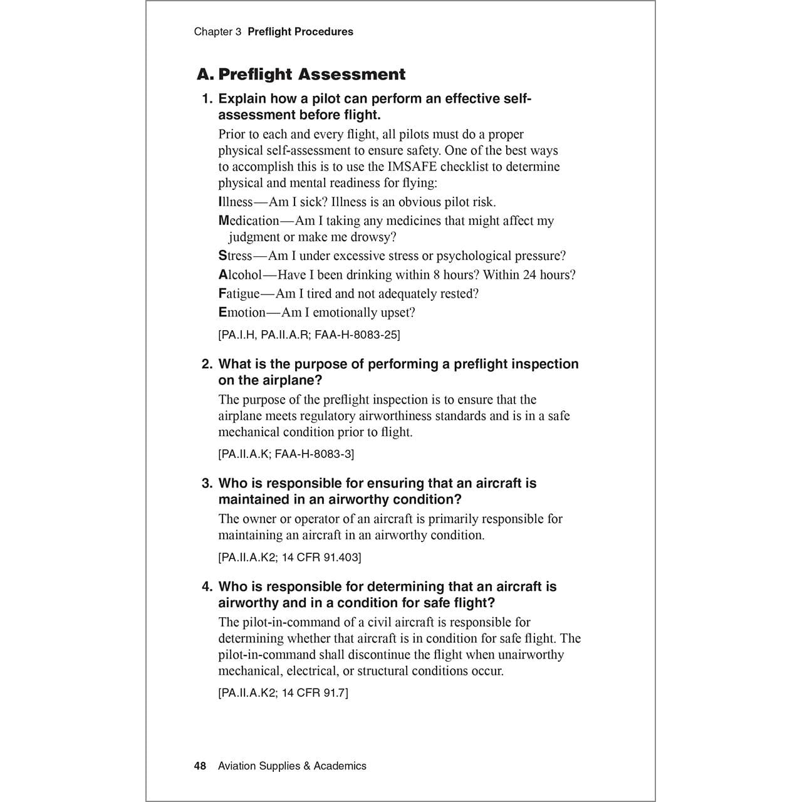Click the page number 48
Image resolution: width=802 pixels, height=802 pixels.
click(200, 766)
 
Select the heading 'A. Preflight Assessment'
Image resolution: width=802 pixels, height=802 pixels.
click(301, 75)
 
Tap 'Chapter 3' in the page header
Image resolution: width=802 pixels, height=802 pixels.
click(217, 32)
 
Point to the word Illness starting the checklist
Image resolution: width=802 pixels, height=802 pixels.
click(236, 202)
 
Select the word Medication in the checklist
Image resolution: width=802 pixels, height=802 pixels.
click(249, 221)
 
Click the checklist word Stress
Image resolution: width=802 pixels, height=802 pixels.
click(235, 256)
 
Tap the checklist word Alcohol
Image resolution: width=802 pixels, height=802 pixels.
click(240, 274)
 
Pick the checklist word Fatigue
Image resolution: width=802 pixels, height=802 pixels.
click(239, 293)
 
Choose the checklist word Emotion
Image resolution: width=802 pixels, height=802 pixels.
click(242, 312)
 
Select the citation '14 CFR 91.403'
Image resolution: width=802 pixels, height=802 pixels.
click(320, 557)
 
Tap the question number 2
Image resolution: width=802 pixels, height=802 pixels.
click(207, 364)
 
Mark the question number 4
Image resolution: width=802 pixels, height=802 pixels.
click(207, 586)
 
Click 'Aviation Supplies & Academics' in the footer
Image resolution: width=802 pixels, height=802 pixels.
click(292, 766)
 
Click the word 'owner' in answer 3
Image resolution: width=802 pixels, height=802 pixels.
click(259, 519)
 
